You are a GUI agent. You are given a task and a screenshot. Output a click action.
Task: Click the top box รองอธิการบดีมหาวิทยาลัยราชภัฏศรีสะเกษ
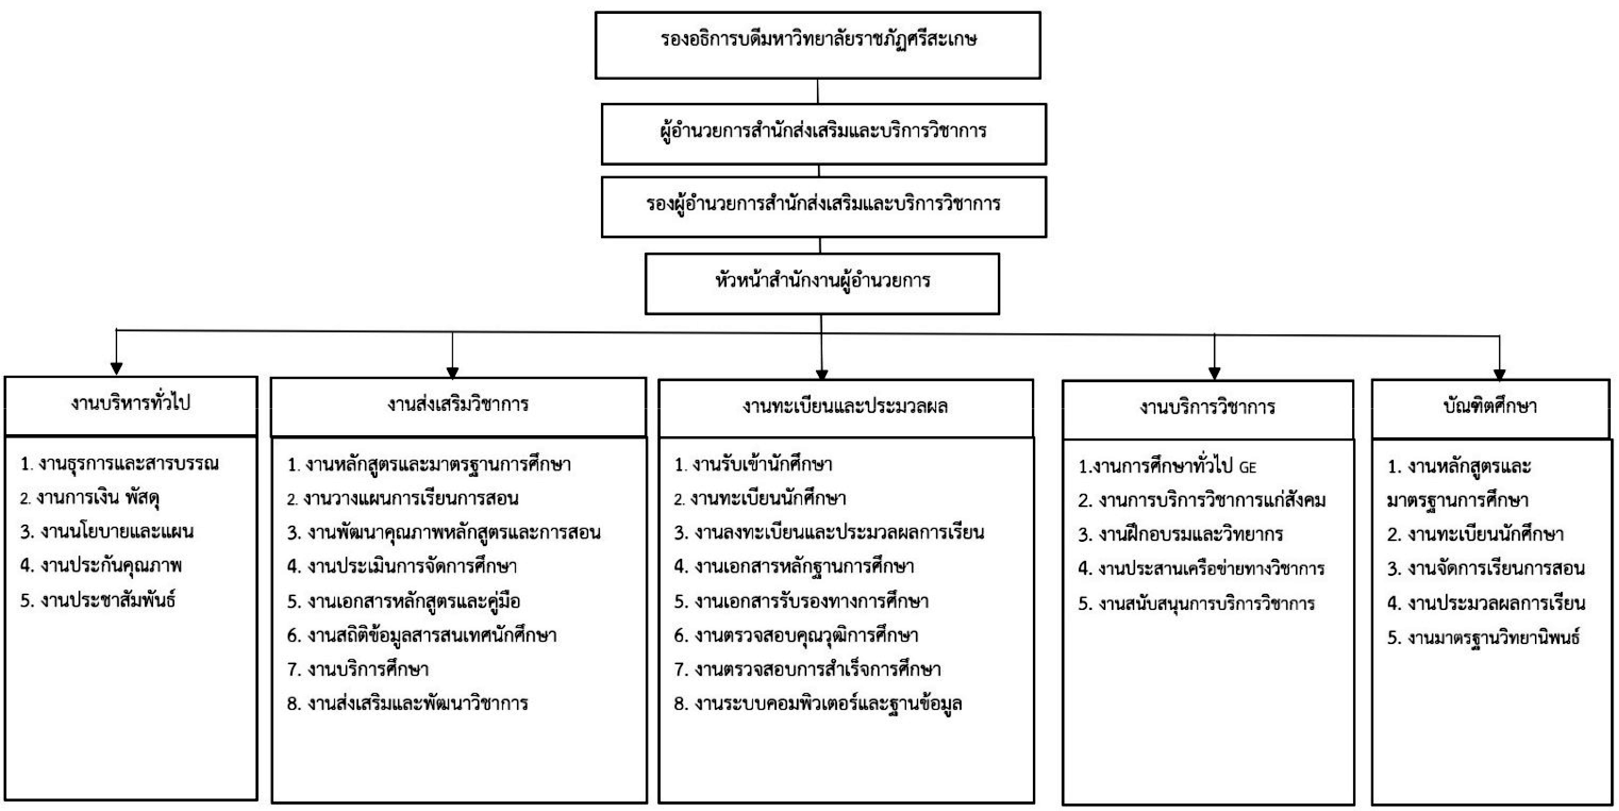818,45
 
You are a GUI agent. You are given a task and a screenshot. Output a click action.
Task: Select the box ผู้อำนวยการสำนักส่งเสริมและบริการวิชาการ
823,134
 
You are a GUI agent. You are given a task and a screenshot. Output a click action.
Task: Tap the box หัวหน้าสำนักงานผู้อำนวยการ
822,284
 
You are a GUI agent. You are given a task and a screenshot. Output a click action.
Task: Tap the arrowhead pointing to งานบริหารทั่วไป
116,369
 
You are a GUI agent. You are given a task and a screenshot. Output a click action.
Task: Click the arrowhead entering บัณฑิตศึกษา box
1499,374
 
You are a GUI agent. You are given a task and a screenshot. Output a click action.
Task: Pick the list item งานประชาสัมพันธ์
97,601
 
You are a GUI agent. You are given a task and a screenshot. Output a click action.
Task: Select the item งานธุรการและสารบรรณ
120,464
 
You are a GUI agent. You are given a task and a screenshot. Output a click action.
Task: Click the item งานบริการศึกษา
358,669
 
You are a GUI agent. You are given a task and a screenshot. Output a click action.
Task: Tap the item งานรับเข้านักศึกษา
753,465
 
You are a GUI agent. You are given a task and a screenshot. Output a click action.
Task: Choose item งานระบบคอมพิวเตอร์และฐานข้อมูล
818,704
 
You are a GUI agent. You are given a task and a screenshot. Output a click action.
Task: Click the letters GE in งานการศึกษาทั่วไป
1247,467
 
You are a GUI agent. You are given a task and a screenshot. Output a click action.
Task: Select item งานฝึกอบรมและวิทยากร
1180,534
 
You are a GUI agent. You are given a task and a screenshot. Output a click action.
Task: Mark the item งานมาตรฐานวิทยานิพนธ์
1483,638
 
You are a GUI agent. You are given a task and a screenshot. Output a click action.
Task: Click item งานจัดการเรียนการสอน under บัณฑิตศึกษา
1486,569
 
